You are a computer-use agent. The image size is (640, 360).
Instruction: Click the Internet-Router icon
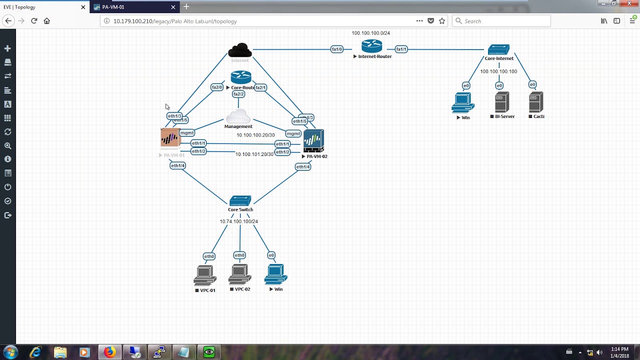coord(372,46)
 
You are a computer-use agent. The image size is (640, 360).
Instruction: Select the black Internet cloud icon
coord(240,50)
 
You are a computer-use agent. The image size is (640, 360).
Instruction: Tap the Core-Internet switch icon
coord(498,49)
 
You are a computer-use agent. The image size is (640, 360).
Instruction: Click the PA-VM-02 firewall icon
coord(313,141)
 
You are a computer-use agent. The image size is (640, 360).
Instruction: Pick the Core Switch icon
coord(240,201)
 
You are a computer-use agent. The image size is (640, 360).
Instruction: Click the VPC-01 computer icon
coord(205,275)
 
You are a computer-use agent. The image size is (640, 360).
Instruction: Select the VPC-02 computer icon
coord(240,274)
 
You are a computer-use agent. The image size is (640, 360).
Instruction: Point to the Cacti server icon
coord(535,102)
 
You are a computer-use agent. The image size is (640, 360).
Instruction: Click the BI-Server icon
coord(502,102)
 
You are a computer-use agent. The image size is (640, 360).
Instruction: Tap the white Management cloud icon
coord(238,116)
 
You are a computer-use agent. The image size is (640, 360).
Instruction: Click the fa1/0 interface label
coord(337,49)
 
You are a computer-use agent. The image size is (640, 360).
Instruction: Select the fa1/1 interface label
coord(401,49)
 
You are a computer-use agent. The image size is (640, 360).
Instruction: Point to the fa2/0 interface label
coord(217,87)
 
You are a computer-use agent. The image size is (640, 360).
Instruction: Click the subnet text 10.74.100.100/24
coord(239,221)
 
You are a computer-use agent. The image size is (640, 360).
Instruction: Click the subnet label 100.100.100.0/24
coord(370,33)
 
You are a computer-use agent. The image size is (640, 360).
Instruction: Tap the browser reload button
coord(34,21)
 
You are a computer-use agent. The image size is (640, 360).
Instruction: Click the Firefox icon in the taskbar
coord(109,352)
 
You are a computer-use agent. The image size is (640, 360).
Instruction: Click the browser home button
coord(47,21)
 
